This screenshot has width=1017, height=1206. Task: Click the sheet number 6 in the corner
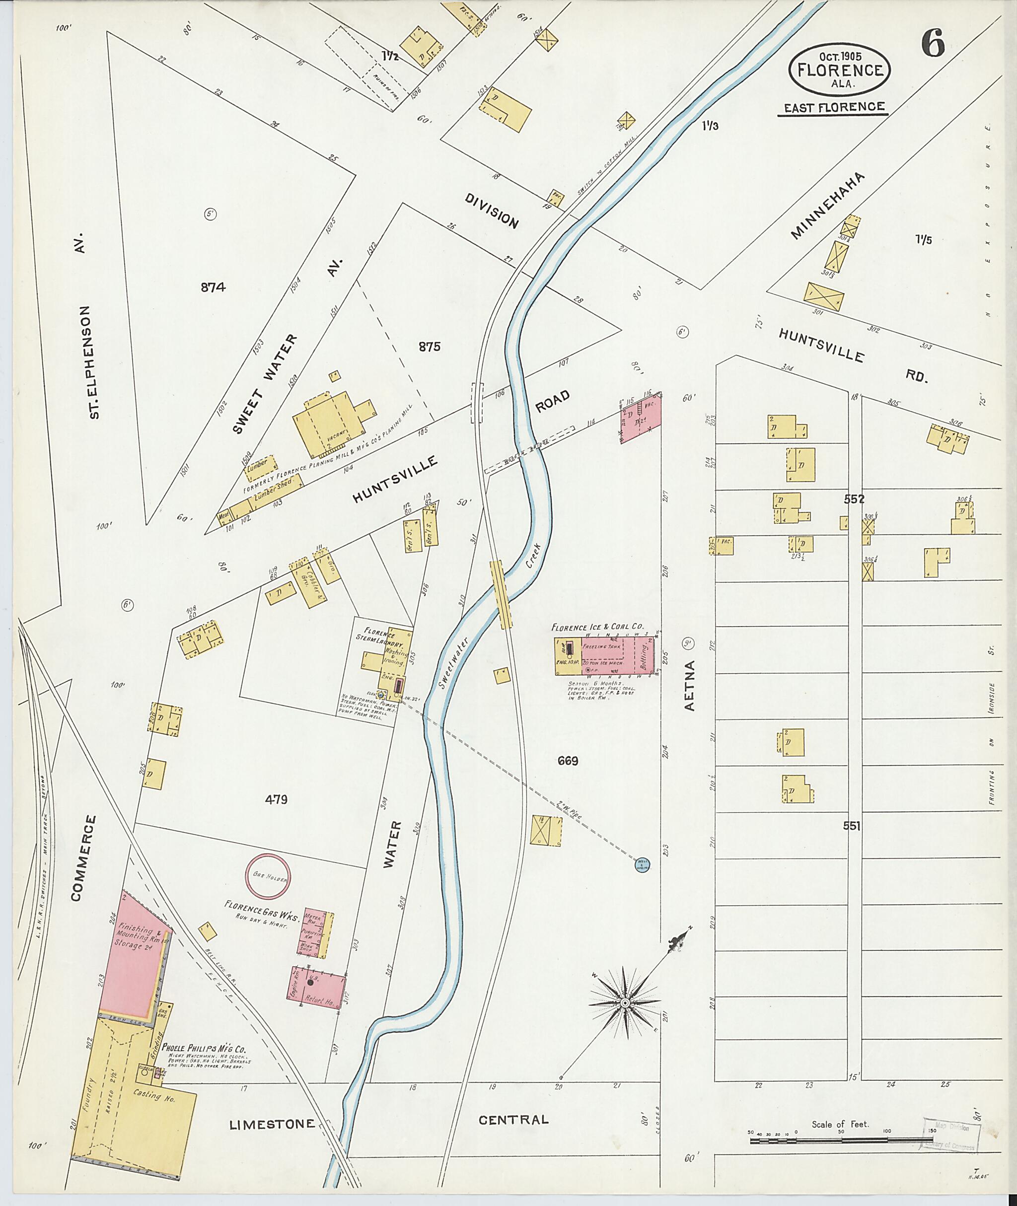(x=932, y=43)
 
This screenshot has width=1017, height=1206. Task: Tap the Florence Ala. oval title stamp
(x=839, y=70)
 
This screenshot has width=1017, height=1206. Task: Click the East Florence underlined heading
(x=834, y=107)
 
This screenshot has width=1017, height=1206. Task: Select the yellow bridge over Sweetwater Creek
(x=501, y=595)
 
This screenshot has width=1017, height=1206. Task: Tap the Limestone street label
(x=272, y=1124)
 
